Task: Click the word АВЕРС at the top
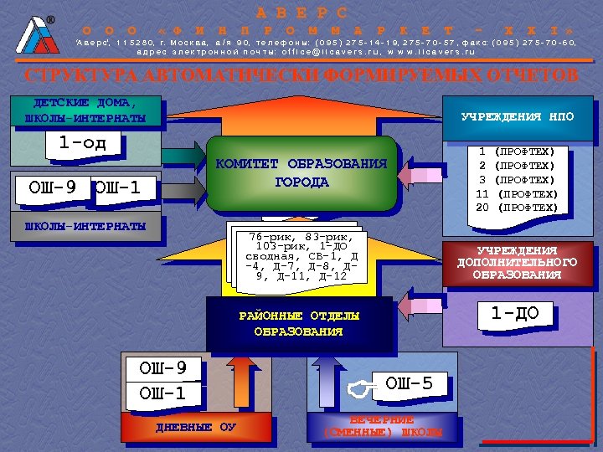[302, 12]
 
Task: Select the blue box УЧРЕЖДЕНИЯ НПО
[518, 116]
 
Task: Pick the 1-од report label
[83, 143]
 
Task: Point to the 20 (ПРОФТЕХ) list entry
[517, 207]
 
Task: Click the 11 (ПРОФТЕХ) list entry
[517, 193]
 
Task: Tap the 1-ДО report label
[514, 314]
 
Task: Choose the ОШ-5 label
[409, 384]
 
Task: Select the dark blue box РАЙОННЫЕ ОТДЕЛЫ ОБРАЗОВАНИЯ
[299, 323]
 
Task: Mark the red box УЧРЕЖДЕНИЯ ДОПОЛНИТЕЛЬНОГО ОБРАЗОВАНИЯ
[517, 262]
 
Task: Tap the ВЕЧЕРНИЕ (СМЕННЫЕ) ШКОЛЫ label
[382, 426]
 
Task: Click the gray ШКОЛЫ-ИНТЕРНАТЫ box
[85, 227]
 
